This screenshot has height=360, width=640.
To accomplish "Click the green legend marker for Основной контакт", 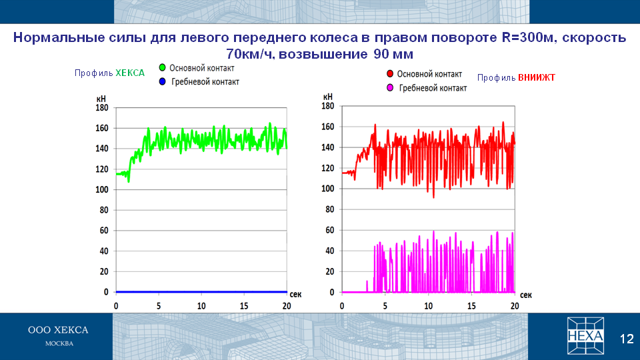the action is pyautogui.click(x=162, y=68).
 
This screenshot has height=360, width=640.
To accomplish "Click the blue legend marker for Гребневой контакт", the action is pyautogui.click(x=163, y=81).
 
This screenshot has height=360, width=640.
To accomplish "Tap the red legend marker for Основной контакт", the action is pyautogui.click(x=390, y=74).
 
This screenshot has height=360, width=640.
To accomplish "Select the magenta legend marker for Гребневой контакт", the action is pyautogui.click(x=390, y=88).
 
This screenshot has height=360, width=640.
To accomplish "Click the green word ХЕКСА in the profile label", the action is pyautogui.click(x=130, y=73).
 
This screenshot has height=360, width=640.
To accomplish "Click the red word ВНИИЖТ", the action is pyautogui.click(x=536, y=77).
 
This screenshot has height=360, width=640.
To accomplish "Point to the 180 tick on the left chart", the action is pyautogui.click(x=101, y=108).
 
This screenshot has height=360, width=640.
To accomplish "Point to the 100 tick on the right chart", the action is pyautogui.click(x=328, y=189).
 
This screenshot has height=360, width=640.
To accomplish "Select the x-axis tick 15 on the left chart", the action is pyautogui.click(x=244, y=306).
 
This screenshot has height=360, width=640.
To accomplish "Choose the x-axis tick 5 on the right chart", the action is pyautogui.click(x=385, y=306).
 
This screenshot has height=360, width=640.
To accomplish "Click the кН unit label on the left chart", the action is pyautogui.click(x=101, y=99).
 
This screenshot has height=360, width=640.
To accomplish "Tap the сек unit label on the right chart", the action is pyautogui.click(x=526, y=295).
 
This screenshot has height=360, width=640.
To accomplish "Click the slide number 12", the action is pyautogui.click(x=627, y=339).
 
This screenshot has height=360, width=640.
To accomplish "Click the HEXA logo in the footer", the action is pyautogui.click(x=585, y=335).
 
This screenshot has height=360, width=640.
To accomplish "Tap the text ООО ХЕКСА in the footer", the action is pyautogui.click(x=58, y=330).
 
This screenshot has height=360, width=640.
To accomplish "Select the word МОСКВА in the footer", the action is pyautogui.click(x=59, y=344).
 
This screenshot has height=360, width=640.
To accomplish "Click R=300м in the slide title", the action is pyautogui.click(x=529, y=37).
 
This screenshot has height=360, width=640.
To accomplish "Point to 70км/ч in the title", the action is pyautogui.click(x=251, y=54).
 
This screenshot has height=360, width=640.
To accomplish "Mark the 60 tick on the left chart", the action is pyautogui.click(x=104, y=231).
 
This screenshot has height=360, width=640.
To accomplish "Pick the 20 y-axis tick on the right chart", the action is pyautogui.click(x=330, y=271).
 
